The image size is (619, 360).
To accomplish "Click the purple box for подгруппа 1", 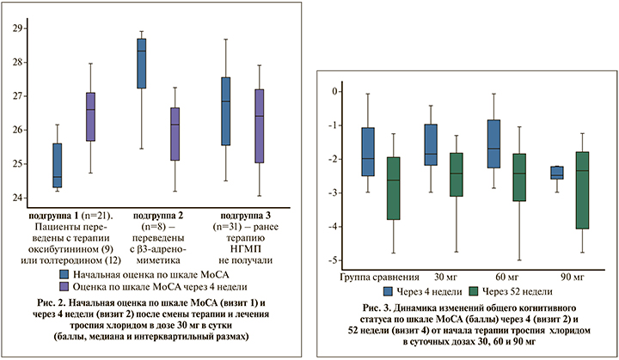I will [90, 117].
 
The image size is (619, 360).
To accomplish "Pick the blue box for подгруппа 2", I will [141, 64].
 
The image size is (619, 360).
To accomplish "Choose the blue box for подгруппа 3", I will [225, 112].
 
